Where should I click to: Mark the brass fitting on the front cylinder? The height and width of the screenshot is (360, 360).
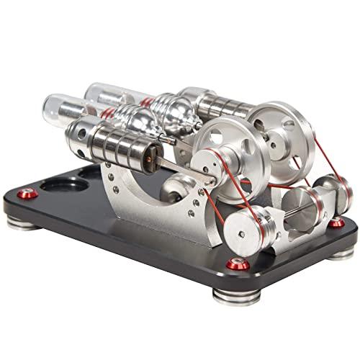(x=151, y=154)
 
